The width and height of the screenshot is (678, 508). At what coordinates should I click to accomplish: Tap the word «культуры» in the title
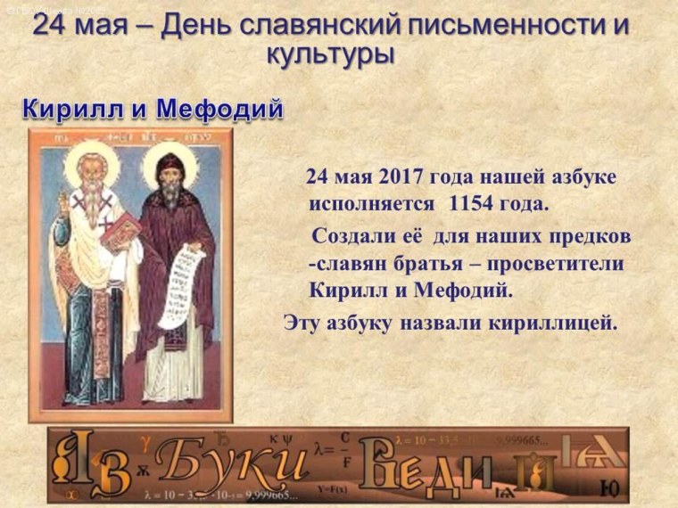(x=330, y=53)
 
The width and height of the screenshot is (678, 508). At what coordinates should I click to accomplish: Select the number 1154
(x=472, y=203)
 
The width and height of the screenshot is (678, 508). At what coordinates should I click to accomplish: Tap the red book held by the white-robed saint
(x=120, y=231)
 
